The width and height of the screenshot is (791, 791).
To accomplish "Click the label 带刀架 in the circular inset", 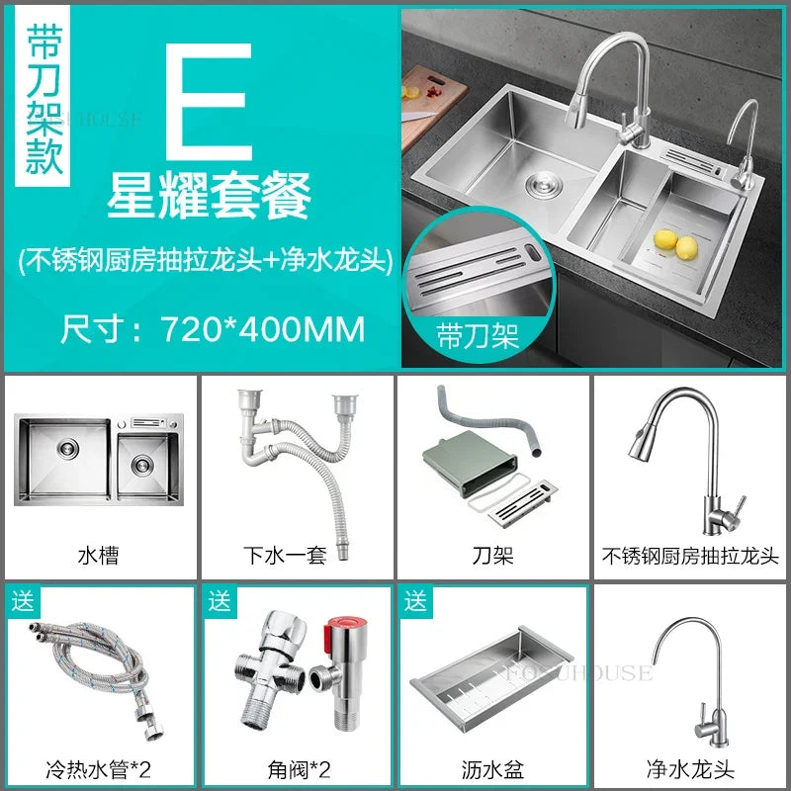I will [x=478, y=336].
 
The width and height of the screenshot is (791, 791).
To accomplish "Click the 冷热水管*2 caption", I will [x=98, y=767].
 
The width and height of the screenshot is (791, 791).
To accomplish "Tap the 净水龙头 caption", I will [x=689, y=767].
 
